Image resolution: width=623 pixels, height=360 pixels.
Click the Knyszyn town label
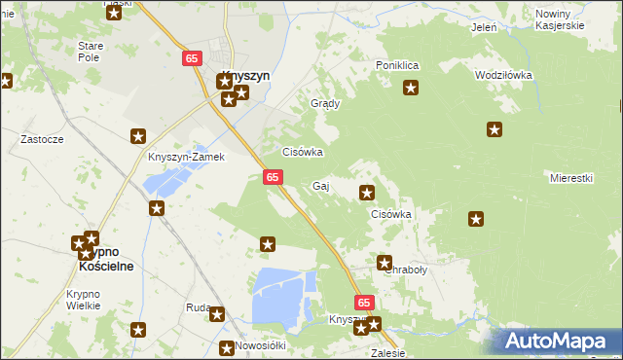point(245,74)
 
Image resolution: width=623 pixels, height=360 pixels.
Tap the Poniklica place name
point(397,65)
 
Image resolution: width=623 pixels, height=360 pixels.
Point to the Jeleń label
point(484,27)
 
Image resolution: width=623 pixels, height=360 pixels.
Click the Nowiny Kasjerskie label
point(560,19)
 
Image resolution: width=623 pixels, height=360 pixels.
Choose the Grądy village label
point(324,103)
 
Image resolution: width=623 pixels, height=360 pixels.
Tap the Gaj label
point(320,185)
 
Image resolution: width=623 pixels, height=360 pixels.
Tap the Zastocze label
point(42,139)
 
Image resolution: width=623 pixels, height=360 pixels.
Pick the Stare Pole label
point(91,52)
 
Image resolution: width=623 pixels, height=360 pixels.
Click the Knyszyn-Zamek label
point(186,157)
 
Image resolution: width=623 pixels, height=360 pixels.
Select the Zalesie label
point(386,353)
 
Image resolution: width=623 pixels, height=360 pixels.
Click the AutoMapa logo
point(558,341)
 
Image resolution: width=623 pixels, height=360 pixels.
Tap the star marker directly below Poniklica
point(411,90)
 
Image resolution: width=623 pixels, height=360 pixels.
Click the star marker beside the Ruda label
point(217,314)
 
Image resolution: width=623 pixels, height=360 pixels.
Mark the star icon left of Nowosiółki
point(227,347)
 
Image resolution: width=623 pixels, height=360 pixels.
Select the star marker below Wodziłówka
point(495,129)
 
